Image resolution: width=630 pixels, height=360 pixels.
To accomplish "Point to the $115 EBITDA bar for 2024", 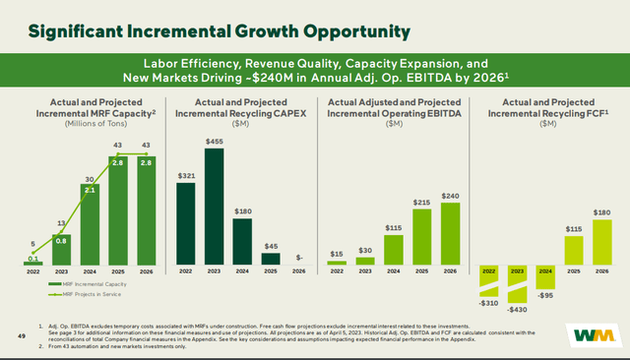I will [393, 249].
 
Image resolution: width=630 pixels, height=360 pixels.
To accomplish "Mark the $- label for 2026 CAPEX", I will [298, 258].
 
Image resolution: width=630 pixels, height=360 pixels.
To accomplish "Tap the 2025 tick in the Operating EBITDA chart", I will [420, 271].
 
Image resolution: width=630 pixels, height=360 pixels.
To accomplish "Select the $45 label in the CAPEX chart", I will [270, 246].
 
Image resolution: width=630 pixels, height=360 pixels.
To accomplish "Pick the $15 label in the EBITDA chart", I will [336, 255].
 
